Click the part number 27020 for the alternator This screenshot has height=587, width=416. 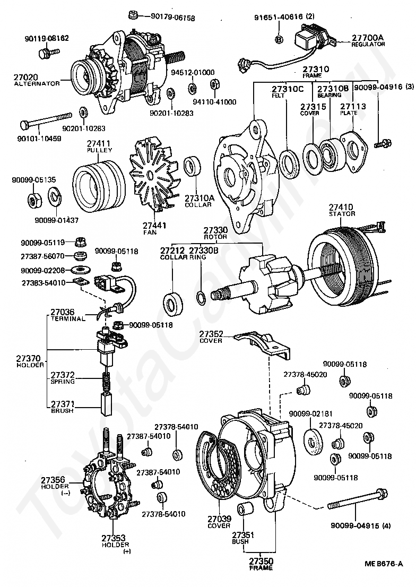[x=25, y=77]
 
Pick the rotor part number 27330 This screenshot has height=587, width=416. [x=216, y=229]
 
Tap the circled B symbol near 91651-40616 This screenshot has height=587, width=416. [x=279, y=39]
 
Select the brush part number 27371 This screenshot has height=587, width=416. [x=62, y=404]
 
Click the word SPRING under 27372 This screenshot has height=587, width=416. [x=63, y=382]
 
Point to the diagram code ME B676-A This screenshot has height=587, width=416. [x=384, y=564]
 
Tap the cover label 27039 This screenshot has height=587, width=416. [x=219, y=519]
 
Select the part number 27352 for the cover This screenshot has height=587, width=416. [x=211, y=334]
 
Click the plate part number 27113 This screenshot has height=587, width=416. [x=353, y=106]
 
